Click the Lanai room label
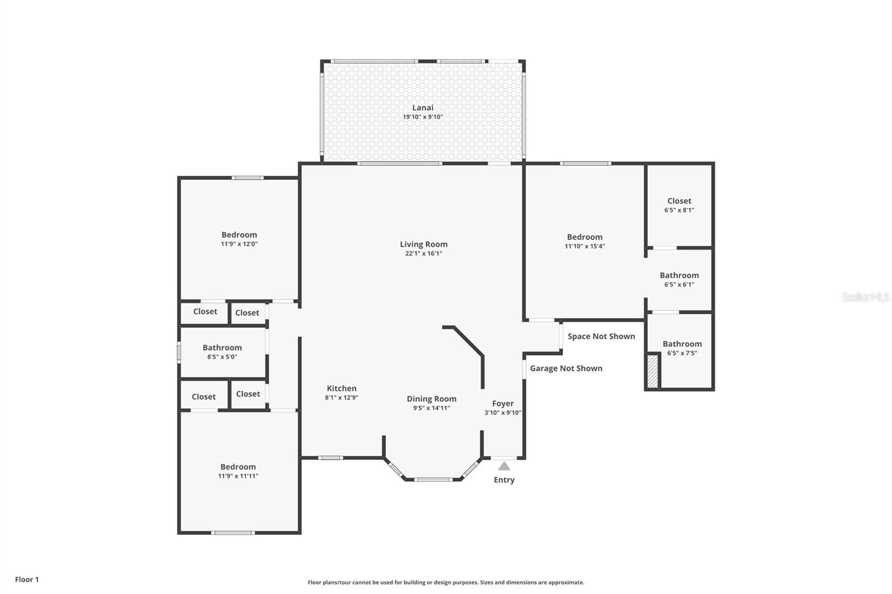point(423,108)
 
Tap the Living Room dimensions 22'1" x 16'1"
point(424,254)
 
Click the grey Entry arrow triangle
point(504,466)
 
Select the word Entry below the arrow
point(504,480)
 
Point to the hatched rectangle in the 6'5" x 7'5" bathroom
point(653,371)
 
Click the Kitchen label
point(341,388)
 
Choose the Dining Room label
point(432,398)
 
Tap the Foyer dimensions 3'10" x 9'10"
point(503,413)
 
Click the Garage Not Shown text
point(566,368)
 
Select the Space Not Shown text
point(601,336)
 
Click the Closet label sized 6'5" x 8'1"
point(679,201)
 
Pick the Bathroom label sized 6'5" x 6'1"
point(679,275)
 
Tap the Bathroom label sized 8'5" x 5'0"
point(222,348)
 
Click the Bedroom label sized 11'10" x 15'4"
point(584,237)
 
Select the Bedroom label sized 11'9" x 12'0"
point(239,235)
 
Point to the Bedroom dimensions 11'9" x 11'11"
point(238,476)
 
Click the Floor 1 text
point(27,580)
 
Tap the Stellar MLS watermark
point(865,297)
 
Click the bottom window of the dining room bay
point(433,479)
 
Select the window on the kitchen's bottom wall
point(331,458)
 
